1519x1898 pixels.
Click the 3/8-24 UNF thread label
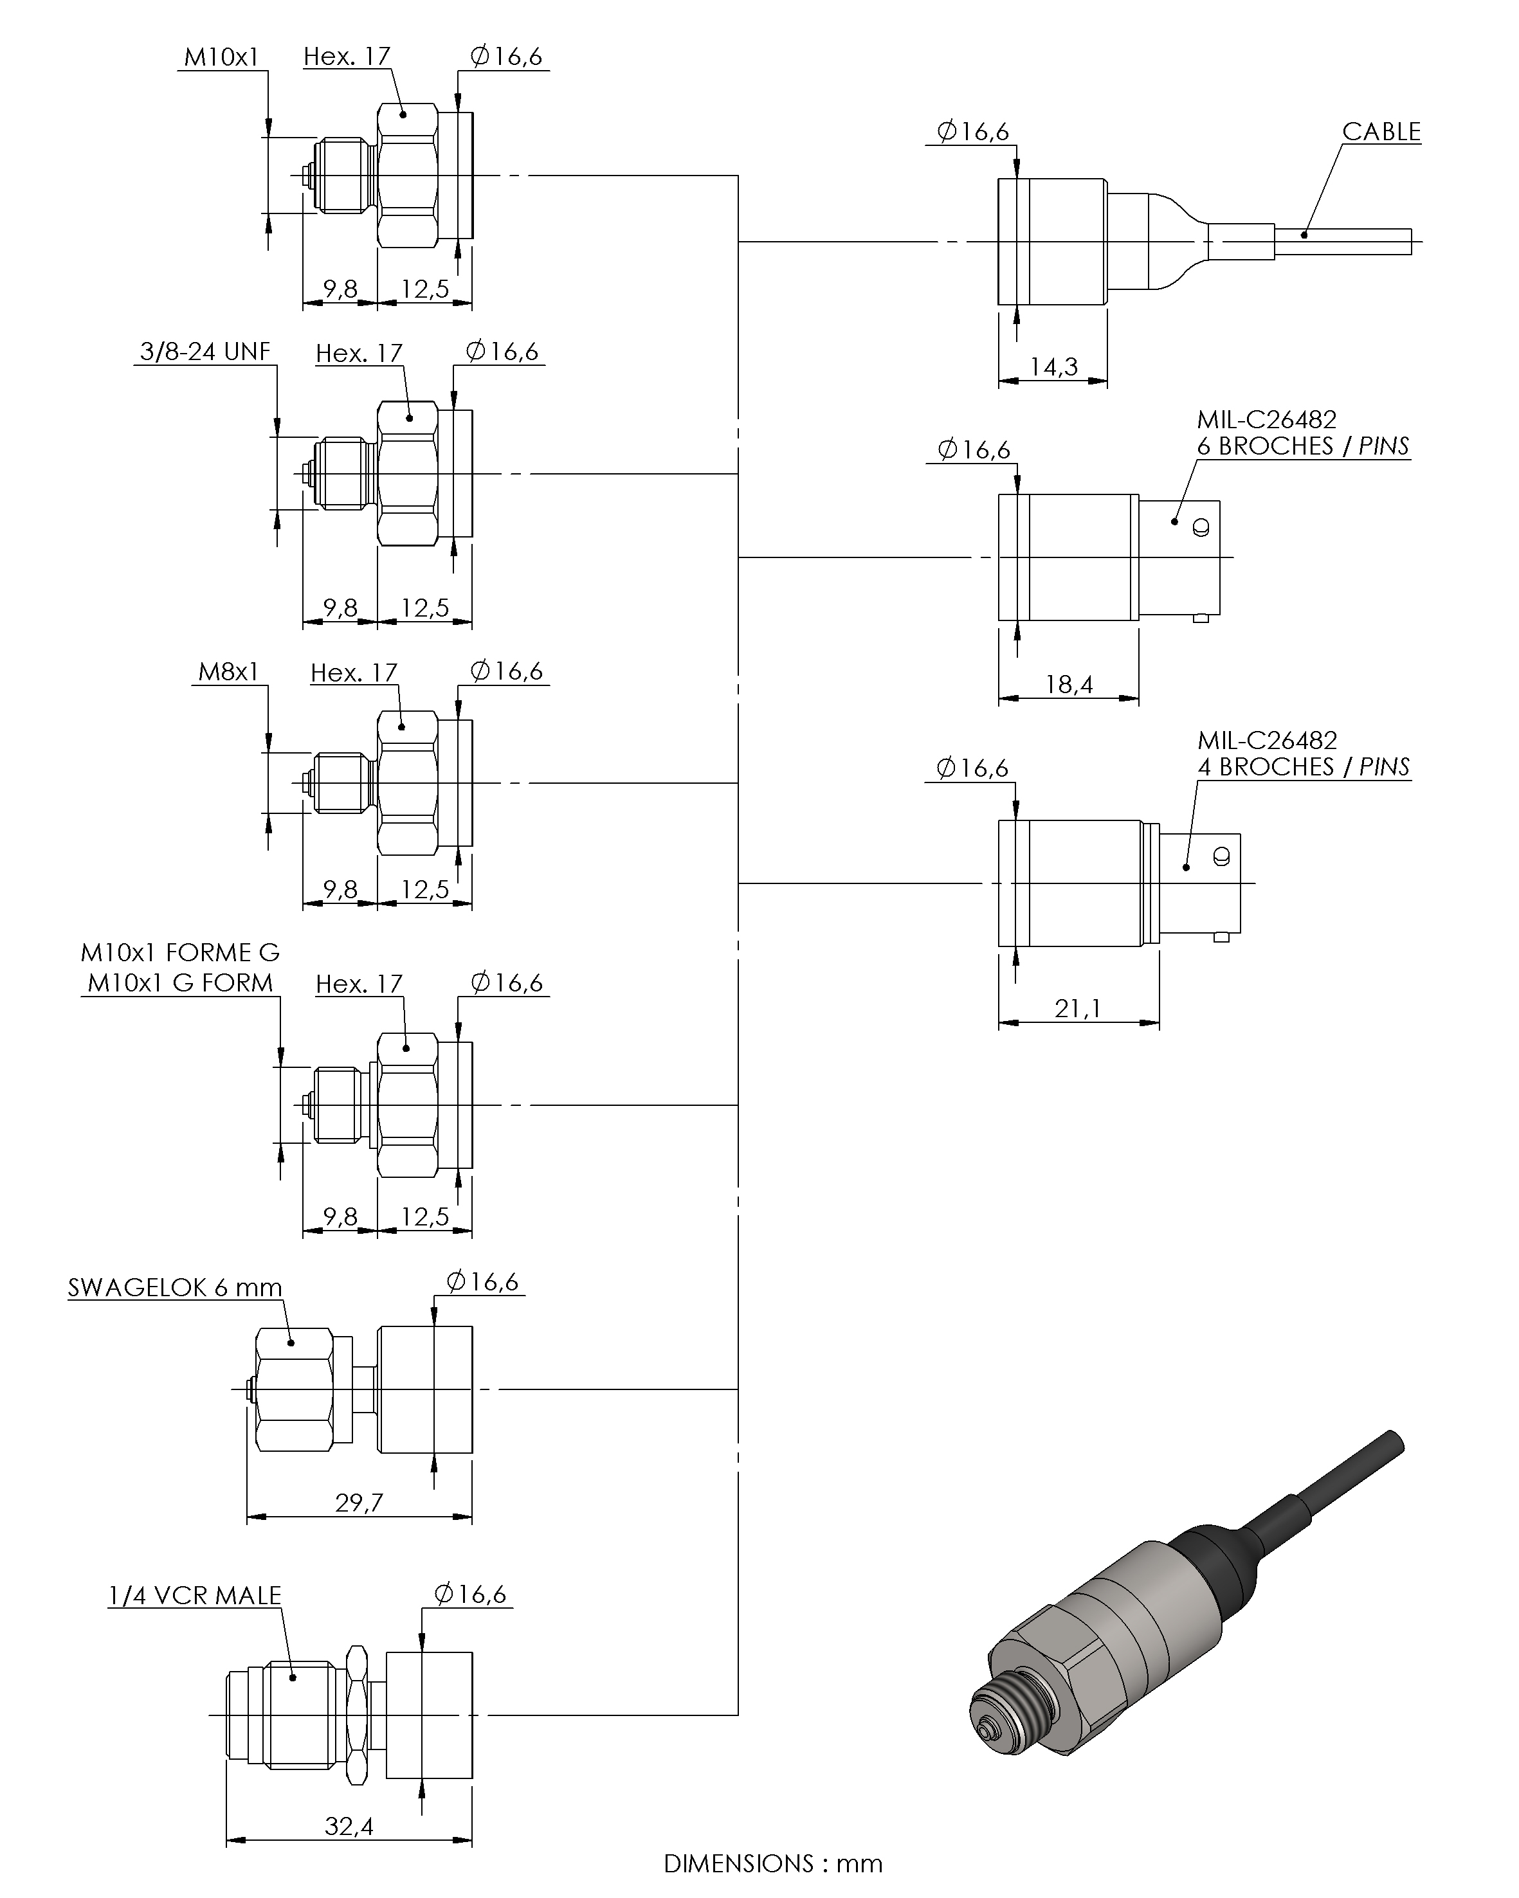pyautogui.click(x=205, y=352)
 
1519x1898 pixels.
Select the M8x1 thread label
pyautogui.click(x=228, y=673)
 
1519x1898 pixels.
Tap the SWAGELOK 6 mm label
pyautogui.click(x=174, y=1288)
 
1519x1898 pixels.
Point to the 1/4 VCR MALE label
pyautogui.click(x=195, y=1596)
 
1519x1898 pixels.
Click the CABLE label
pyautogui.click(x=1381, y=132)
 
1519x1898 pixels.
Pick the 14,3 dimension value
pyautogui.click(x=1053, y=367)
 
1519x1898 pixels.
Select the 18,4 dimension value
pyautogui.click(x=1068, y=685)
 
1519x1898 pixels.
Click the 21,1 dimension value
pyautogui.click(x=1078, y=1009)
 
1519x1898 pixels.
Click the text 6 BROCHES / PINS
pyautogui.click(x=1302, y=446)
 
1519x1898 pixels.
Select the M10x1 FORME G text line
pyautogui.click(x=179, y=952)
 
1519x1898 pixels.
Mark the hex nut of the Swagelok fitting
pyautogui.click(x=294, y=1390)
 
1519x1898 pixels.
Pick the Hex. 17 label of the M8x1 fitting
pyautogui.click(x=354, y=673)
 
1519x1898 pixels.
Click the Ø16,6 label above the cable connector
pyautogui.click(x=973, y=132)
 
